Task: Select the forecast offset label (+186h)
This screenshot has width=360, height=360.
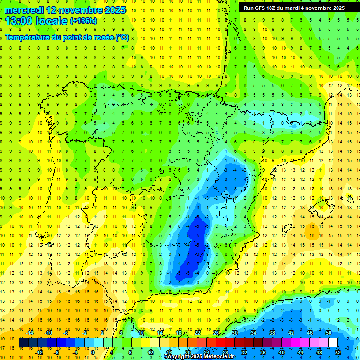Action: [83, 21]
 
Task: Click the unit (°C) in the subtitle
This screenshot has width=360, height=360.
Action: [122, 37]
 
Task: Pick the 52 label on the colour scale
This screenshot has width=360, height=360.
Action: [338, 352]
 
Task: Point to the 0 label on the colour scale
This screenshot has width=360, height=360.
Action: [92, 352]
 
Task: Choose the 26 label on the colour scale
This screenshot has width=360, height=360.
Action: [216, 333]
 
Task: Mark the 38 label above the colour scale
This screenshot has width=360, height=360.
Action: [272, 333]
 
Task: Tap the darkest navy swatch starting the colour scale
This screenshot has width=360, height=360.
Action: [23, 343]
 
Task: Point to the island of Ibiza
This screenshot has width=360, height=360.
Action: [286, 228]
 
